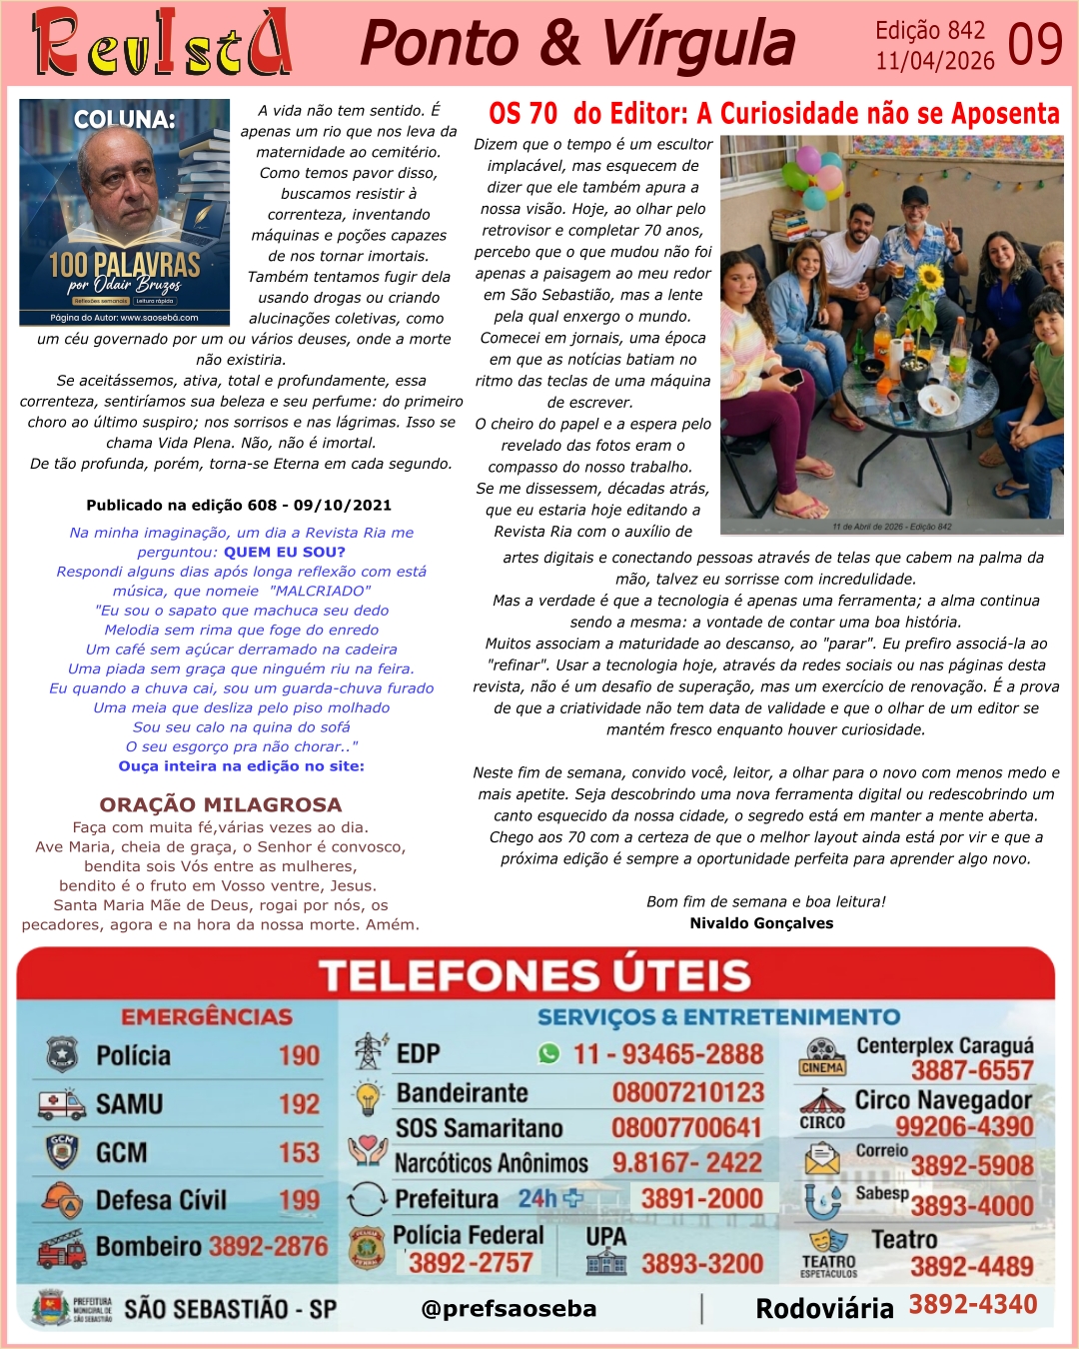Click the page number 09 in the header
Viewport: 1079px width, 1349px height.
1034,44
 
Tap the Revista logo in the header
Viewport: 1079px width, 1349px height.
162,43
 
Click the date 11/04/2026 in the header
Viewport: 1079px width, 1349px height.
935,61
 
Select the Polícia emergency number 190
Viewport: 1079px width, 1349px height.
299,1056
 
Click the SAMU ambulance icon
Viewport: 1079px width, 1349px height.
62,1104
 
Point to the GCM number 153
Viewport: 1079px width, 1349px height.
299,1152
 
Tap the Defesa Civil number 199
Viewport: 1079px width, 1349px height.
299,1200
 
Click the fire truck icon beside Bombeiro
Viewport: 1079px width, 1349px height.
62,1248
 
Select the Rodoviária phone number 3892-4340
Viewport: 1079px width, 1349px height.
972,1304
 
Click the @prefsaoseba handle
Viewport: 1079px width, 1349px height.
509,1308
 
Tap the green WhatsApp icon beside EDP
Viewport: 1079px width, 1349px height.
548,1054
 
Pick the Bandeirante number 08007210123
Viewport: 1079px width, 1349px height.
687,1092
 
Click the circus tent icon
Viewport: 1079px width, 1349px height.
822,1102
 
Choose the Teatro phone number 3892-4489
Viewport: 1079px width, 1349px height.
971,1266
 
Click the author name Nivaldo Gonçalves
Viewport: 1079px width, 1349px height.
761,923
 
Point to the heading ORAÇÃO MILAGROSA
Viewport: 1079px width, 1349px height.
221,804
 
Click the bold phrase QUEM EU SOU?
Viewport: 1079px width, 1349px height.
285,552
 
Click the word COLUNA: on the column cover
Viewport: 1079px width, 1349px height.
124,120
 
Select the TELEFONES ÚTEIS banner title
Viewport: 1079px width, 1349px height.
535,975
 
